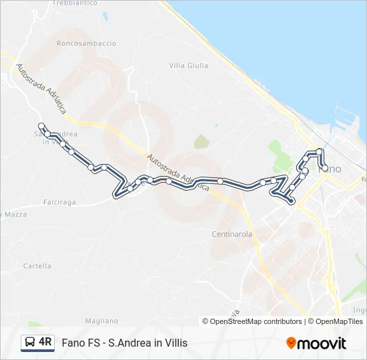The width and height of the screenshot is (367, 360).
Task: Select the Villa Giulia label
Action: [x=189, y=65]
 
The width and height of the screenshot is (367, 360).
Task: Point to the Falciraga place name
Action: [x=59, y=201]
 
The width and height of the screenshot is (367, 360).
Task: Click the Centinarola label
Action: [x=232, y=235]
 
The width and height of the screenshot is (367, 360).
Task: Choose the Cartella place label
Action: [x=37, y=266]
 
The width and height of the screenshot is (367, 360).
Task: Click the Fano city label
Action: [x=330, y=169]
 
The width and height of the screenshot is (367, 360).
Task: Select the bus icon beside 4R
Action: [x=29, y=343]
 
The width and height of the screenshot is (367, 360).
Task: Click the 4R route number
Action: [x=45, y=343]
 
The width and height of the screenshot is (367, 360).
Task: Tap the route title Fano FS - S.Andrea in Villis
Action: [x=125, y=343]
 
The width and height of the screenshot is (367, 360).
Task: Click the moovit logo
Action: [x=316, y=343]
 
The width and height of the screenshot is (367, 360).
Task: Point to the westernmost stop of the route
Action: [x=41, y=126]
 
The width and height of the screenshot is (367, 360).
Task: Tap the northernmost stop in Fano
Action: [x=320, y=151]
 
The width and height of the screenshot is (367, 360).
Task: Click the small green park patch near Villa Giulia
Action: [x=201, y=141]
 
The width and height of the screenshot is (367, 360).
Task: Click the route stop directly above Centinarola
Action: [x=220, y=181]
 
